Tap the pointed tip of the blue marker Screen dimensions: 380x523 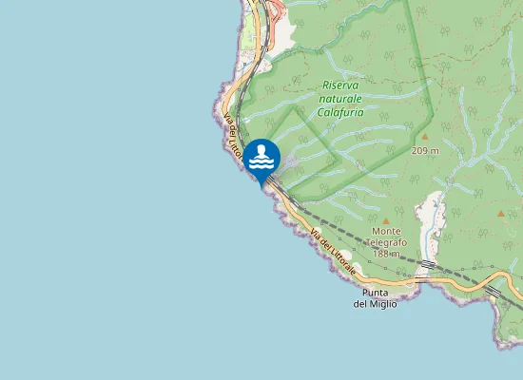click(x=261, y=184)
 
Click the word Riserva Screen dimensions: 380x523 click(x=341, y=85)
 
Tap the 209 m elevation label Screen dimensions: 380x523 click(x=425, y=150)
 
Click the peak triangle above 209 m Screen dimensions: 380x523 click(x=424, y=137)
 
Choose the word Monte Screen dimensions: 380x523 click(x=386, y=231)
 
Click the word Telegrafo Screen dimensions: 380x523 click(x=385, y=242)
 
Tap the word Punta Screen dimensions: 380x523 click(x=375, y=293)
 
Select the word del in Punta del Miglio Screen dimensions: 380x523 click(x=360, y=304)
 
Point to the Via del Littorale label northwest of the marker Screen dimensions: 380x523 click(x=232, y=139)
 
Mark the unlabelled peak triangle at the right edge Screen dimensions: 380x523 click(x=500, y=214)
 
